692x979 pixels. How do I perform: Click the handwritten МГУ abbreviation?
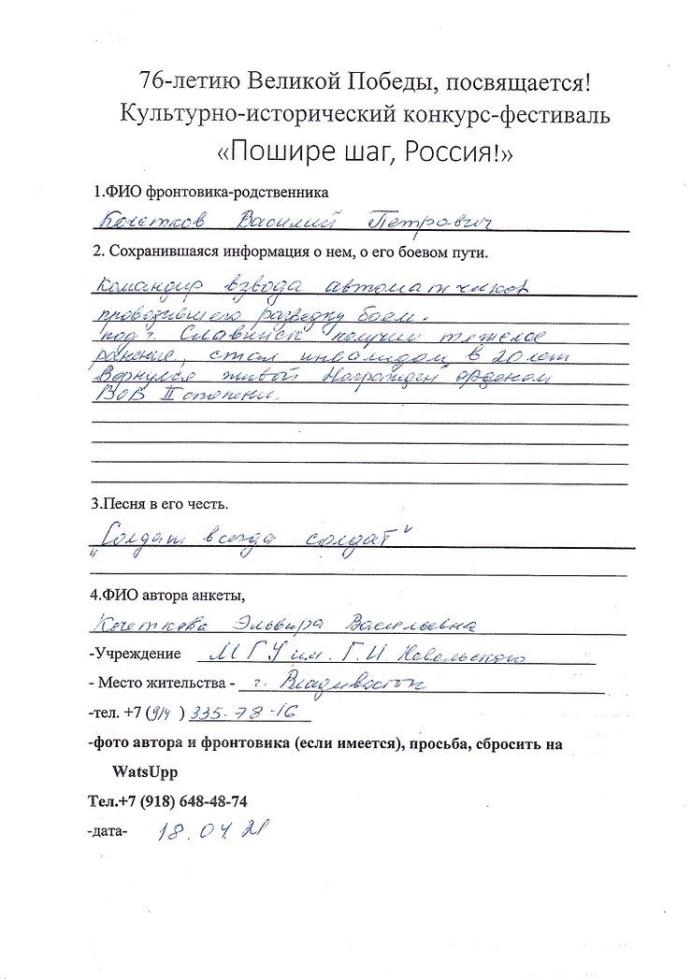click(x=235, y=655)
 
